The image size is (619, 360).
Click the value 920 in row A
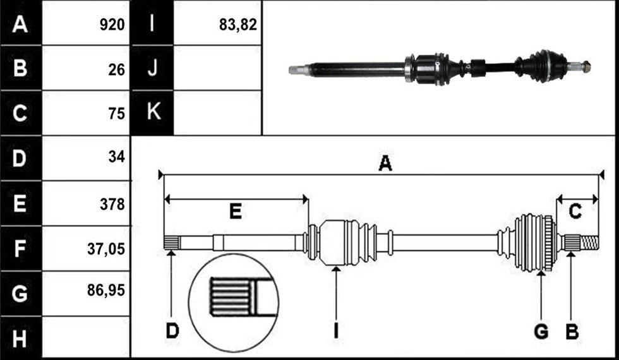pos(112,25)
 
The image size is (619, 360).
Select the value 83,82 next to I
pos(238,25)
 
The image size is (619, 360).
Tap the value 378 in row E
pos(112,205)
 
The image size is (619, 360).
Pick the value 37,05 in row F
pos(106,249)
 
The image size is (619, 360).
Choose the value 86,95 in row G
pos(106,291)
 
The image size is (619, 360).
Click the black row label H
pos(20,339)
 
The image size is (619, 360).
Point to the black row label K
pos(153,112)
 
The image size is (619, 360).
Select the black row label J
pos(152,68)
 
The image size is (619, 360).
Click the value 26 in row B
pos(116,70)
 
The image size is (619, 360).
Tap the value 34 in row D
pos(116,157)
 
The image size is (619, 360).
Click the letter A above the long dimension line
pos(385,163)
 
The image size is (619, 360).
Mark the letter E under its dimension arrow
pos(236,212)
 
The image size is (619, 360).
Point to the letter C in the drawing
pos(575,212)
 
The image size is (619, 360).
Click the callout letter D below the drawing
pos(172,331)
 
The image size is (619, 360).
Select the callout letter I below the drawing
pos(336,331)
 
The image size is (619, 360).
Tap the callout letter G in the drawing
pos(541,331)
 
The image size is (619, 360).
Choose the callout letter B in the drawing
pos(572,331)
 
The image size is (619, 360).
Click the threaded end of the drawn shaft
pos(590,243)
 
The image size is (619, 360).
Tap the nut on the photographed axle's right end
pos(586,67)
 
